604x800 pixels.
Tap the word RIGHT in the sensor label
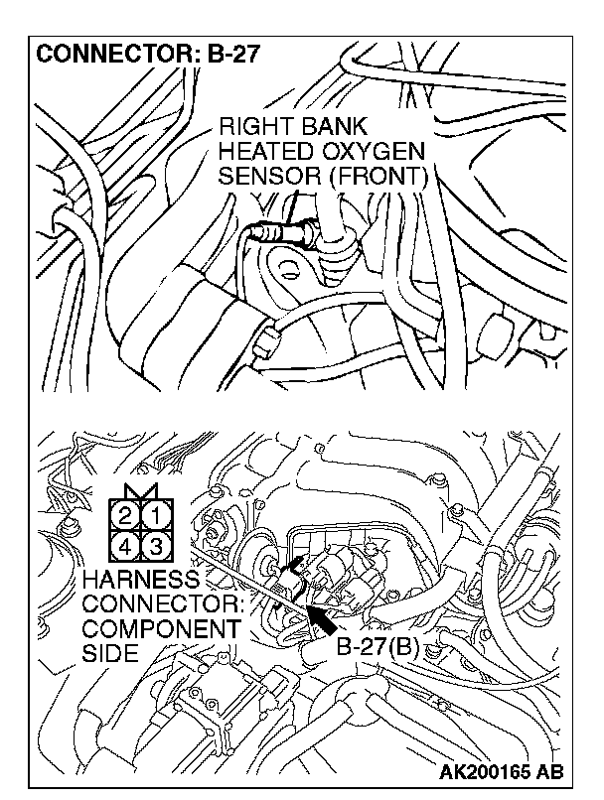[x=249, y=127]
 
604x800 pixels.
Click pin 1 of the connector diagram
[x=156, y=517]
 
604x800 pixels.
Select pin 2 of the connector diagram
[x=124, y=517]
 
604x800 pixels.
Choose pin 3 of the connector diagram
[x=156, y=548]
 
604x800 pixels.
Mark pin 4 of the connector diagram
[x=124, y=548]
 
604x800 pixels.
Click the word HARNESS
[x=140, y=580]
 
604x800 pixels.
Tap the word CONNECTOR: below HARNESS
[x=163, y=604]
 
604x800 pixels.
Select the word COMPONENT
[x=160, y=629]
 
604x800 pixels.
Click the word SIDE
[x=110, y=653]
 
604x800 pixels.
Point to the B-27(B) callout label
[x=377, y=647]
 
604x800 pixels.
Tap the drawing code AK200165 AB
[x=502, y=771]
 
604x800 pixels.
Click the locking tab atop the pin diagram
[x=140, y=491]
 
